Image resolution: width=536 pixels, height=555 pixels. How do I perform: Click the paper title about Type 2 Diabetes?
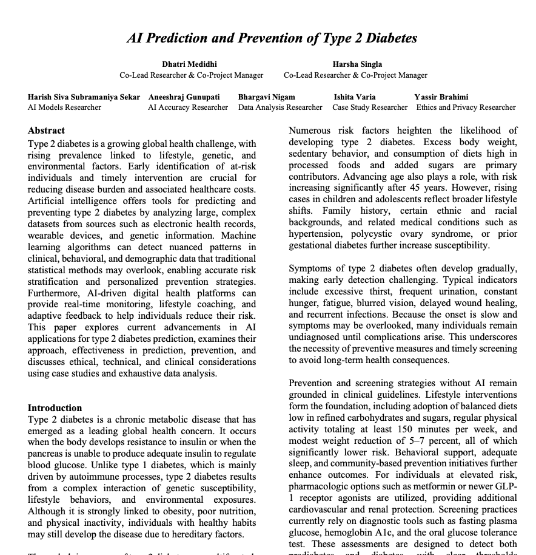pyautogui.click(x=272, y=38)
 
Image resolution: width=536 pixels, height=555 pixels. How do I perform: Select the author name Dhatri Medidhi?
pyautogui.click(x=189, y=64)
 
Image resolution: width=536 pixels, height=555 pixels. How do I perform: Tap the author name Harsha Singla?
pyautogui.click(x=357, y=64)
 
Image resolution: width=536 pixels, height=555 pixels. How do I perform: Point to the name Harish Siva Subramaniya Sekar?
pyautogui.click(x=84, y=97)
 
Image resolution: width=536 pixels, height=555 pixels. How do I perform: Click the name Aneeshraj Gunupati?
pyautogui.click(x=184, y=97)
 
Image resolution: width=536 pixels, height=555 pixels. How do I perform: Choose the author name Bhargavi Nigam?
pyautogui.click(x=266, y=97)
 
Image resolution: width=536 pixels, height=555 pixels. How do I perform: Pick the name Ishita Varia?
pyautogui.click(x=354, y=97)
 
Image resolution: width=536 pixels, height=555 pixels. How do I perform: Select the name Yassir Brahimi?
pyautogui.click(x=441, y=97)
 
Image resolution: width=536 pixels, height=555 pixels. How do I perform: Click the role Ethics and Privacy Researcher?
pyautogui.click(x=466, y=107)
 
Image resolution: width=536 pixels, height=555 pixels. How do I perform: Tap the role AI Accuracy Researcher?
pyautogui.click(x=188, y=107)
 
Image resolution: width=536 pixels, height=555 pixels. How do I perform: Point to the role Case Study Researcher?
pyautogui.click(x=370, y=107)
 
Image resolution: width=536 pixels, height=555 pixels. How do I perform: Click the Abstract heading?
pyautogui.click(x=46, y=130)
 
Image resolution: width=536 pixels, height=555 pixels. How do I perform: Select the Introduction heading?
pyautogui.click(x=55, y=407)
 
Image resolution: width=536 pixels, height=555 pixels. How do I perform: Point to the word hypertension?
pyautogui.click(x=317, y=234)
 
